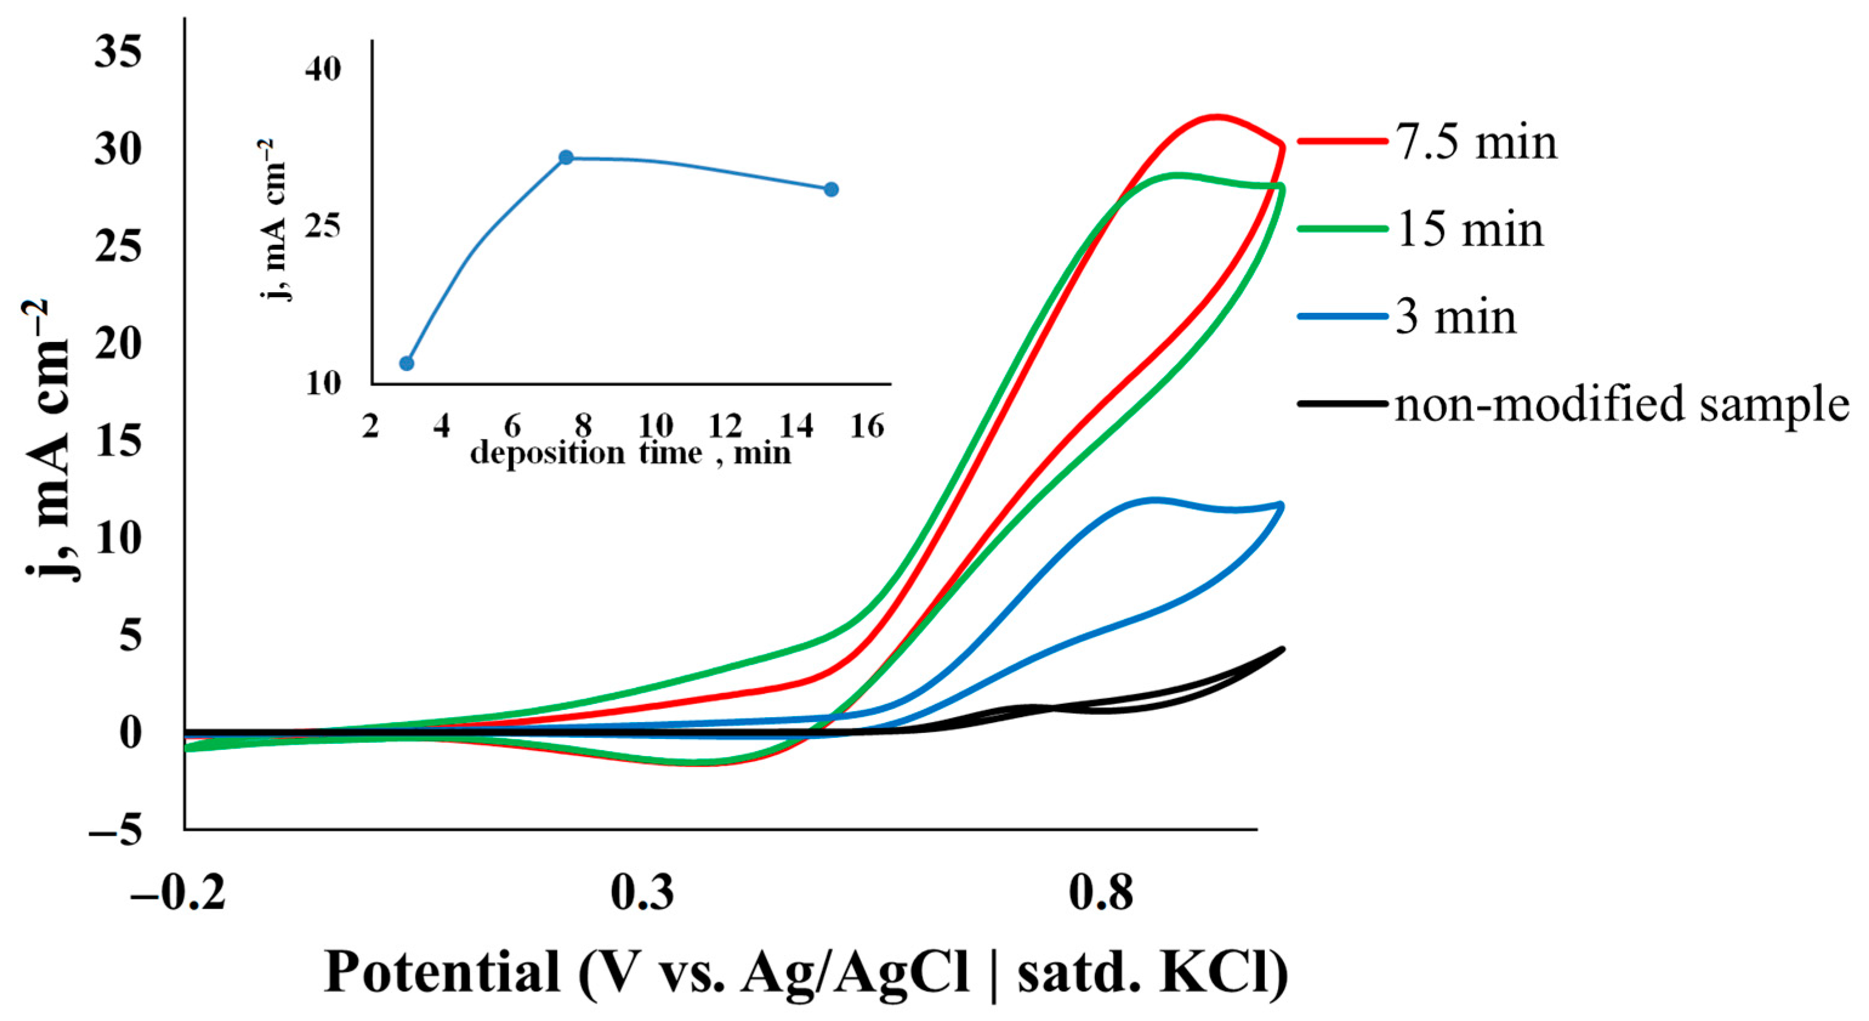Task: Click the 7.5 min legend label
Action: pos(1477,143)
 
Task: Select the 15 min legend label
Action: pos(1470,230)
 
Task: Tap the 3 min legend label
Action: pos(1455,318)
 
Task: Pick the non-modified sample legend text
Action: pos(1621,404)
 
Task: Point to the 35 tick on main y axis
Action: pos(118,52)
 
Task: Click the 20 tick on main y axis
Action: pos(118,344)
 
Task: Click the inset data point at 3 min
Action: pos(407,363)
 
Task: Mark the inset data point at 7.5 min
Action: pos(566,158)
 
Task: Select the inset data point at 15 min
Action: pos(832,189)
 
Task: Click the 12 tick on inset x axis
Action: pos(724,426)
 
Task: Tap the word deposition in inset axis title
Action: pos(547,454)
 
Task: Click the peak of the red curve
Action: pos(1217,116)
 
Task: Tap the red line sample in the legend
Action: pos(1341,142)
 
